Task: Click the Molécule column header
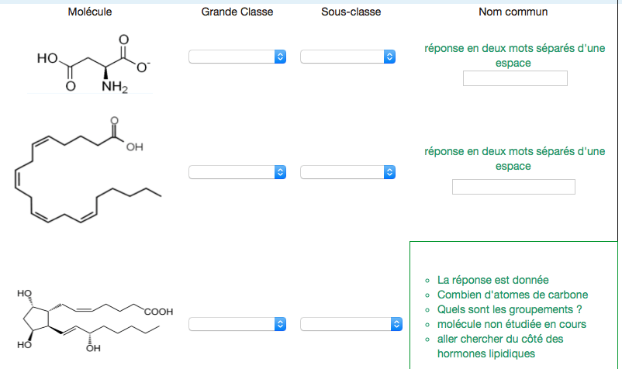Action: pyautogui.click(x=90, y=12)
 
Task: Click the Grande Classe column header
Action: pyautogui.click(x=237, y=12)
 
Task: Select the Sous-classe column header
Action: pyautogui.click(x=351, y=12)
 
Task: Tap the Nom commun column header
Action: pyautogui.click(x=513, y=12)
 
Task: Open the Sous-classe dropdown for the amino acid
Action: pyautogui.click(x=348, y=57)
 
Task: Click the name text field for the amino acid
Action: pyautogui.click(x=515, y=78)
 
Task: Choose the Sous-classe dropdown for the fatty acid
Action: pyautogui.click(x=348, y=172)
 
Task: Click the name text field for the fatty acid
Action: pyautogui.click(x=513, y=187)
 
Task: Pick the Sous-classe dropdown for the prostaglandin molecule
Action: pyautogui.click(x=348, y=324)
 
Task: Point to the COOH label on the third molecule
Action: pyautogui.click(x=158, y=312)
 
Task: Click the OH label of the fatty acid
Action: pyautogui.click(x=135, y=147)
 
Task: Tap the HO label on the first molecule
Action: pyautogui.click(x=47, y=58)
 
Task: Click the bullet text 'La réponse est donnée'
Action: pyautogui.click(x=492, y=280)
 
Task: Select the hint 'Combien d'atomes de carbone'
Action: pyautogui.click(x=513, y=295)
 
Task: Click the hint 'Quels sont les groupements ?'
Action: pyautogui.click(x=510, y=309)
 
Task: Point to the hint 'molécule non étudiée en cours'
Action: pyautogui.click(x=512, y=324)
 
